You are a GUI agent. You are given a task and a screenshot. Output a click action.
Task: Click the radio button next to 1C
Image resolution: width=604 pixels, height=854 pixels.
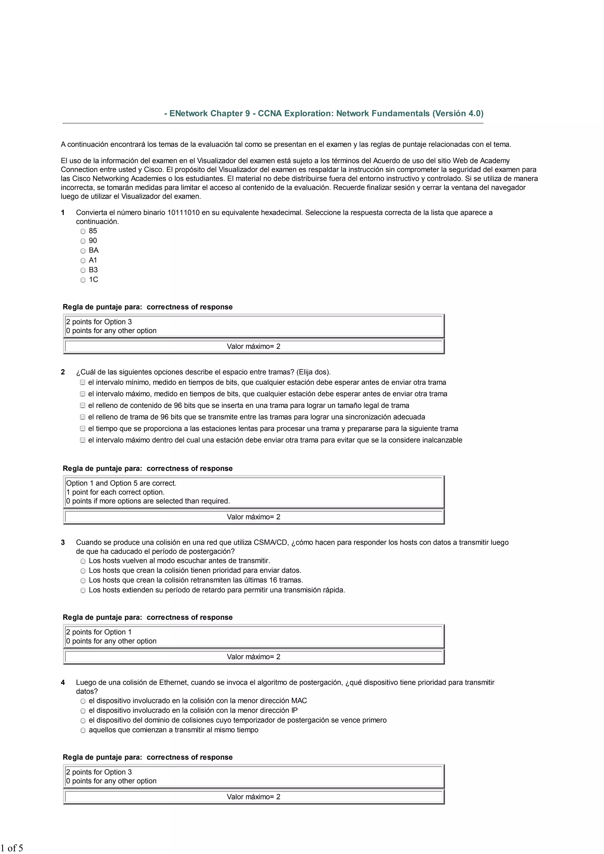click(x=83, y=280)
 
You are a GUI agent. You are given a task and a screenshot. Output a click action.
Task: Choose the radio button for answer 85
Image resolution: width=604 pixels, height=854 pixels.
click(x=83, y=231)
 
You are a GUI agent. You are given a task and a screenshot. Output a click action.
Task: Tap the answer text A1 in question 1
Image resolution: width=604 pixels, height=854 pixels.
click(x=93, y=260)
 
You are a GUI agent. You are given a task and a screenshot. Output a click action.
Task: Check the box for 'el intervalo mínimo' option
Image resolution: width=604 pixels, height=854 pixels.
click(x=83, y=382)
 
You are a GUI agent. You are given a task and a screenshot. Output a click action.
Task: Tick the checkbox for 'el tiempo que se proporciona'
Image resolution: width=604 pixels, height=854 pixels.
click(x=83, y=429)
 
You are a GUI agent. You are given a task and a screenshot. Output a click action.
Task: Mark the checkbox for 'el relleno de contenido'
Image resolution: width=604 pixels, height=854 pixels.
click(x=83, y=405)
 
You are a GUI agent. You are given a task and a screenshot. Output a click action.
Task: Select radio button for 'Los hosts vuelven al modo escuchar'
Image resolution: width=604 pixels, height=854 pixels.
click(x=83, y=561)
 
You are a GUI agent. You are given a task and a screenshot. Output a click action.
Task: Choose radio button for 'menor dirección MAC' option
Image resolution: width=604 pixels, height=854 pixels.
click(x=83, y=701)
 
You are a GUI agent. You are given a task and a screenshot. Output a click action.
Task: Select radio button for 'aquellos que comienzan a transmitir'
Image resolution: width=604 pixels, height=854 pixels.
click(x=83, y=730)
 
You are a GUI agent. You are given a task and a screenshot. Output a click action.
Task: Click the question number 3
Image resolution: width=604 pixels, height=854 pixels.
click(x=63, y=543)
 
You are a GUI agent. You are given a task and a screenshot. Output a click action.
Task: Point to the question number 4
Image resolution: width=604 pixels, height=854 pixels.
click(x=63, y=682)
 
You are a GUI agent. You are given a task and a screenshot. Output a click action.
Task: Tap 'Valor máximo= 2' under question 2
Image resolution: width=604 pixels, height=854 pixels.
click(x=253, y=517)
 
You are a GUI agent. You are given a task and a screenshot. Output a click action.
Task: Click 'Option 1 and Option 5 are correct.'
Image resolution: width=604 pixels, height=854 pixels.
click(x=121, y=483)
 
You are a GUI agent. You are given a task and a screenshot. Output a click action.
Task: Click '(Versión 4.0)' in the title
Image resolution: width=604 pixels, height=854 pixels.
click(x=458, y=113)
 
